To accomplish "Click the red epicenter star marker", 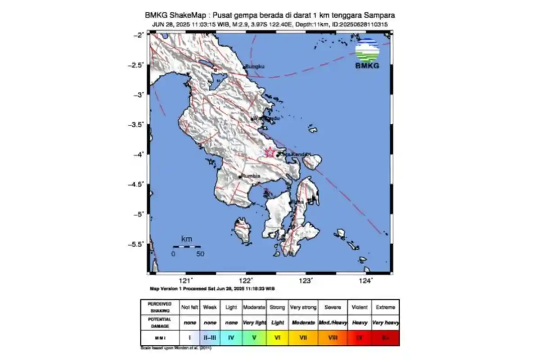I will tap(270, 153).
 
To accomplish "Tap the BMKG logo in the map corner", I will tap(367, 54).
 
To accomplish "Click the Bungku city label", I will tap(255, 67).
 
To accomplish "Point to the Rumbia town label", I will tap(251, 176).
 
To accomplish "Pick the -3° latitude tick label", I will tap(139, 95).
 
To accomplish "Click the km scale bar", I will tap(187, 246).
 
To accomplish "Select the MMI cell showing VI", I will tap(277, 337).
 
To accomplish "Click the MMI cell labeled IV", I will tap(231, 337).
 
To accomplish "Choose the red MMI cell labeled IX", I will tap(359, 337).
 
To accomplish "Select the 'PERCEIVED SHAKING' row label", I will tap(159, 307).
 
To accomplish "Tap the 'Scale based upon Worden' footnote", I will tap(175, 348).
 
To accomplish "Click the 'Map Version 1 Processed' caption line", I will tap(212, 288).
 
